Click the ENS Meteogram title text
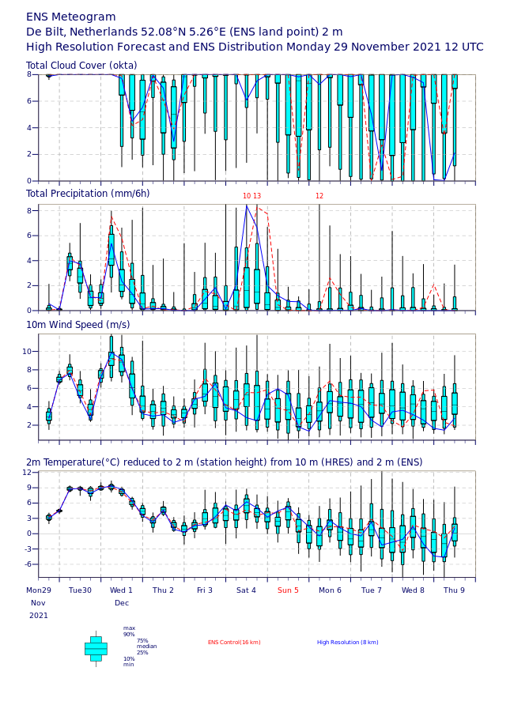(70, 17)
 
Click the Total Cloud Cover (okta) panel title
(81, 66)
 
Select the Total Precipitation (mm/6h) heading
(88, 194)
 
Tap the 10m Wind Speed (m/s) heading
(78, 325)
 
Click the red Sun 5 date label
(288, 590)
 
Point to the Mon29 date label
(39, 590)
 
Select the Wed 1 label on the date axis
(121, 590)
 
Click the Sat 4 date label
(246, 590)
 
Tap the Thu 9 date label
(455, 590)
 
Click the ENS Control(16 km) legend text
(234, 643)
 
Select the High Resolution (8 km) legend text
(348, 643)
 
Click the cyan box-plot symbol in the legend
(96, 649)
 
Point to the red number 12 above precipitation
(319, 196)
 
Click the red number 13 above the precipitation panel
(257, 196)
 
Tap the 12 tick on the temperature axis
(27, 473)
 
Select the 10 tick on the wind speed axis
(27, 352)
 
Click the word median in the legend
(147, 647)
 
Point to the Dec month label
(122, 603)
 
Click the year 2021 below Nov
(39, 616)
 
